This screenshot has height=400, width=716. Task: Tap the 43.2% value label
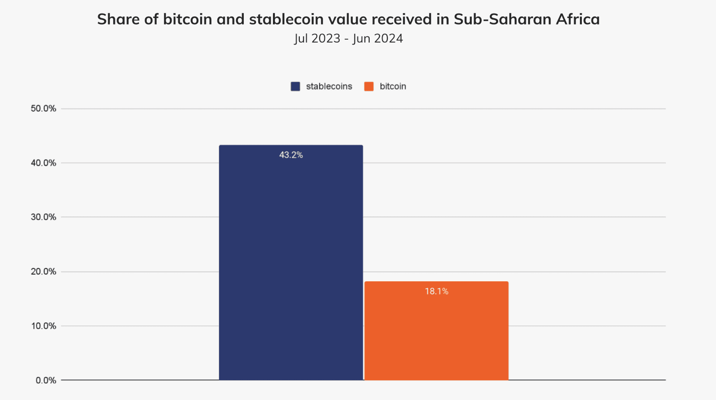coord(291,155)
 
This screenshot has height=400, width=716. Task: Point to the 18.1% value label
coord(436,292)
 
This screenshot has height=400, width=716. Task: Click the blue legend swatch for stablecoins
coord(295,86)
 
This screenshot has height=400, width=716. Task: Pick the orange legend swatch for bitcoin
coord(369,86)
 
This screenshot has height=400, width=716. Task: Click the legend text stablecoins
coord(329,86)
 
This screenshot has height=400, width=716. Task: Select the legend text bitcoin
coord(392,86)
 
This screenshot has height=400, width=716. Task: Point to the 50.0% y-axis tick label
coord(43,108)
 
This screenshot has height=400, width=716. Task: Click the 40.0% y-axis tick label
coord(43,163)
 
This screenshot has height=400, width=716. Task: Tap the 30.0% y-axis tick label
coord(43,217)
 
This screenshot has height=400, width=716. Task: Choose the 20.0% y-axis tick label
coord(43,272)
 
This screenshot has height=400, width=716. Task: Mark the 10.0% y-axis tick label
coord(43,326)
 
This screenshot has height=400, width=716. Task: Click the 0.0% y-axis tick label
coord(46,380)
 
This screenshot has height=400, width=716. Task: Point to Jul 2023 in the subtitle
coord(317,39)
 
